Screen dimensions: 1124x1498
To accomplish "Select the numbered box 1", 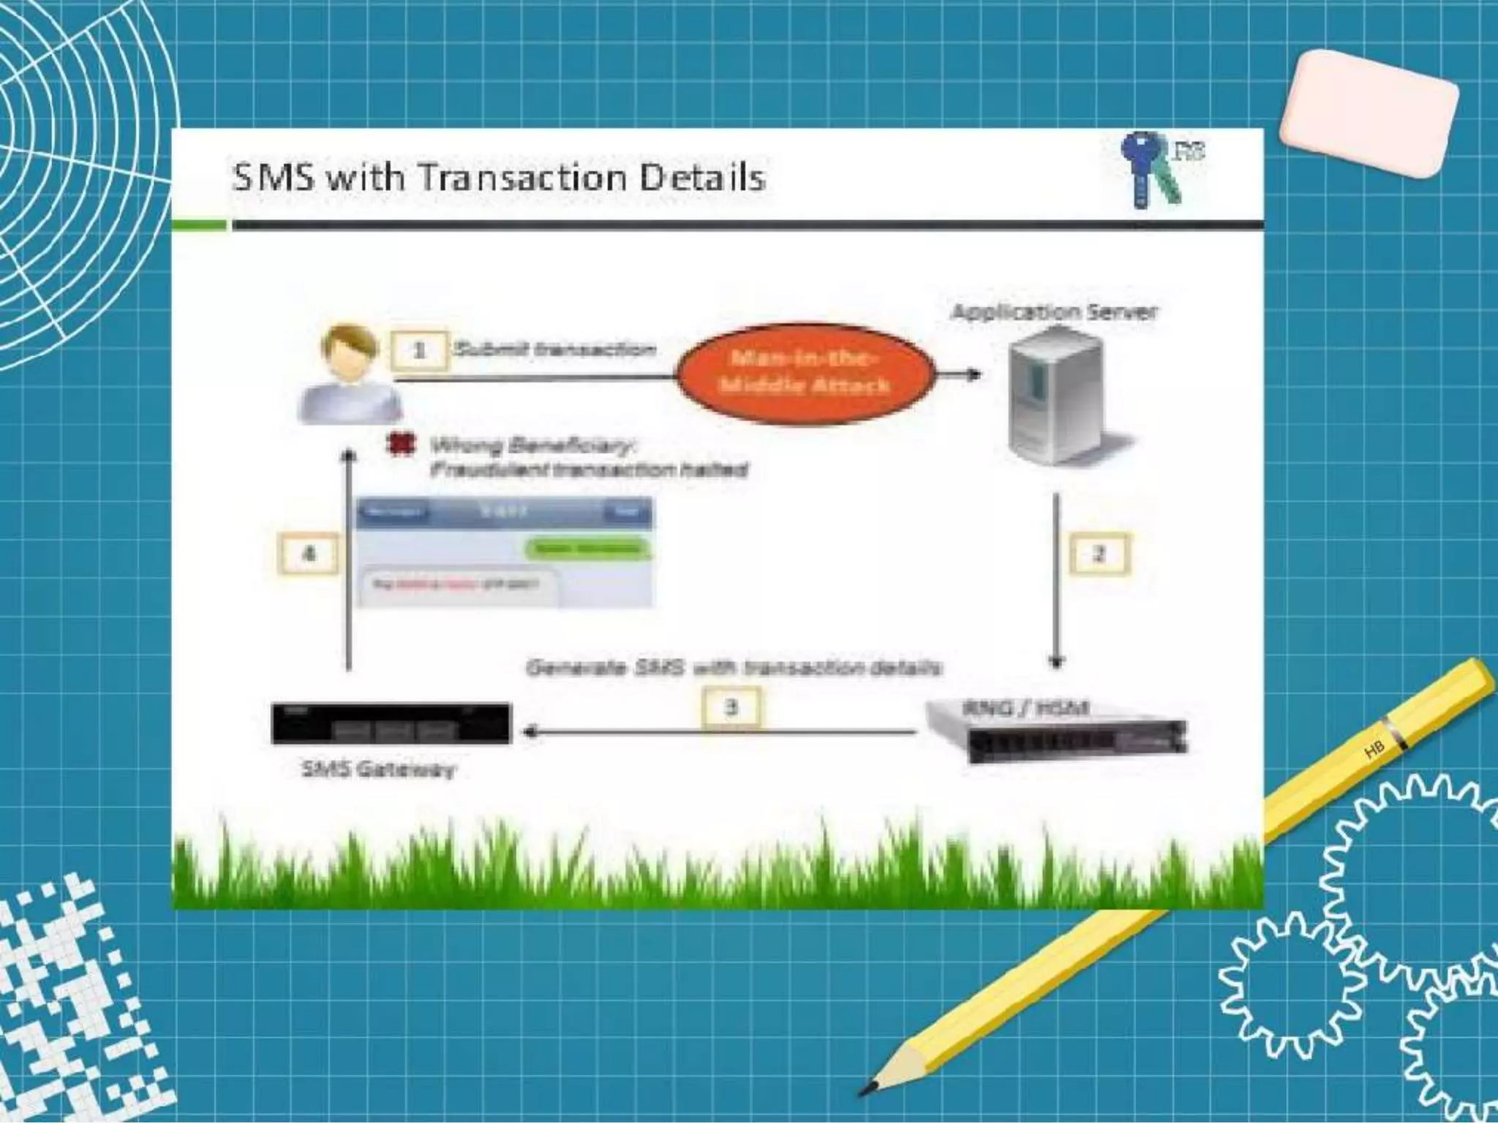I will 419,351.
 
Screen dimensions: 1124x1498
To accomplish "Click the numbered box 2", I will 1099,554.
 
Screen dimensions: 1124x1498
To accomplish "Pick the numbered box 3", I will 731,707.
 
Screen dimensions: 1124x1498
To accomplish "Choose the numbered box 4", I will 309,554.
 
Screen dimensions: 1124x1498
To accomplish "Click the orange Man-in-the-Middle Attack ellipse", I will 805,373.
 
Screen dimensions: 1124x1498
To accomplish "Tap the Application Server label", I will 1054,312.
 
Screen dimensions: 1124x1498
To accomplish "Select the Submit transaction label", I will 554,350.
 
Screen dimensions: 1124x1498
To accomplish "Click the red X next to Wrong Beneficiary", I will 400,444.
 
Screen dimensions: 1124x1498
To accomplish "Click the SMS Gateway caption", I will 378,769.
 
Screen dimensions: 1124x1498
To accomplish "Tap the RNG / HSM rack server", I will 1056,731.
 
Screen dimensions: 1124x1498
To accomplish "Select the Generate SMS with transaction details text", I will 734,668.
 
